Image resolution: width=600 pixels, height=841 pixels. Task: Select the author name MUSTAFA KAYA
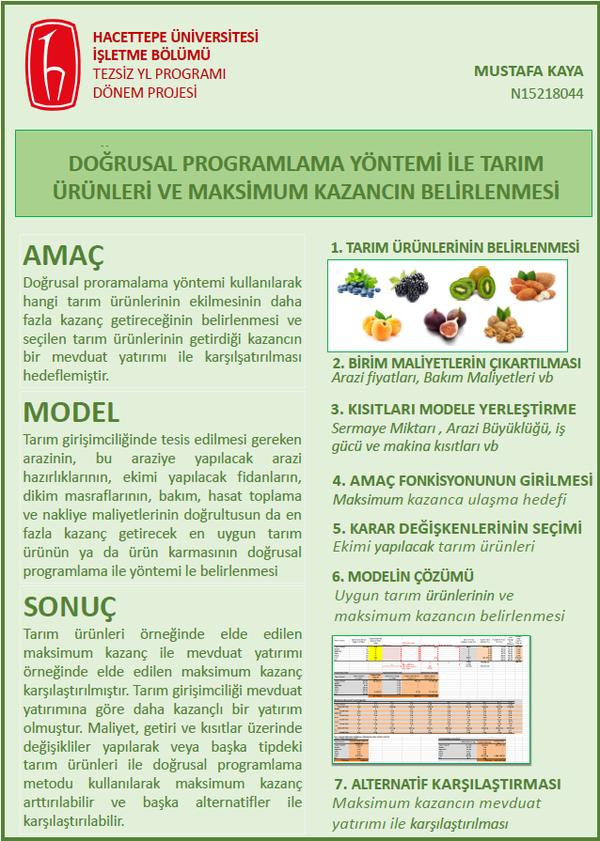[528, 71]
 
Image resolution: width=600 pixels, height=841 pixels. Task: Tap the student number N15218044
[546, 93]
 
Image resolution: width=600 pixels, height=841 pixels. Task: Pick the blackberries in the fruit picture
[411, 284]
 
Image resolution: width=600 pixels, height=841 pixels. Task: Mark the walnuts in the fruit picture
[505, 325]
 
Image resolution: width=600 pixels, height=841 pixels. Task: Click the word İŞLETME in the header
[122, 55]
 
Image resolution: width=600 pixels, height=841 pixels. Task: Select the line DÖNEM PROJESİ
[145, 92]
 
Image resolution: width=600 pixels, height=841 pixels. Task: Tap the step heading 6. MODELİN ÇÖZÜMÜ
[402, 575]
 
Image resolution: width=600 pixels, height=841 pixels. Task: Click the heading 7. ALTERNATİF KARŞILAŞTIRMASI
[448, 784]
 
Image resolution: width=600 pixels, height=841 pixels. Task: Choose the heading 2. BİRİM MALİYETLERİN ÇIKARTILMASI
[456, 363]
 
